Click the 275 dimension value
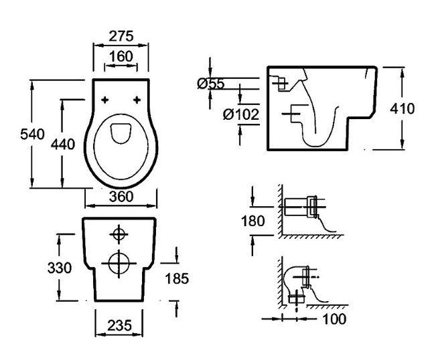tap(121, 34)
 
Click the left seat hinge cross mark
tap(105, 100)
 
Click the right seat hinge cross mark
tap(137, 100)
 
